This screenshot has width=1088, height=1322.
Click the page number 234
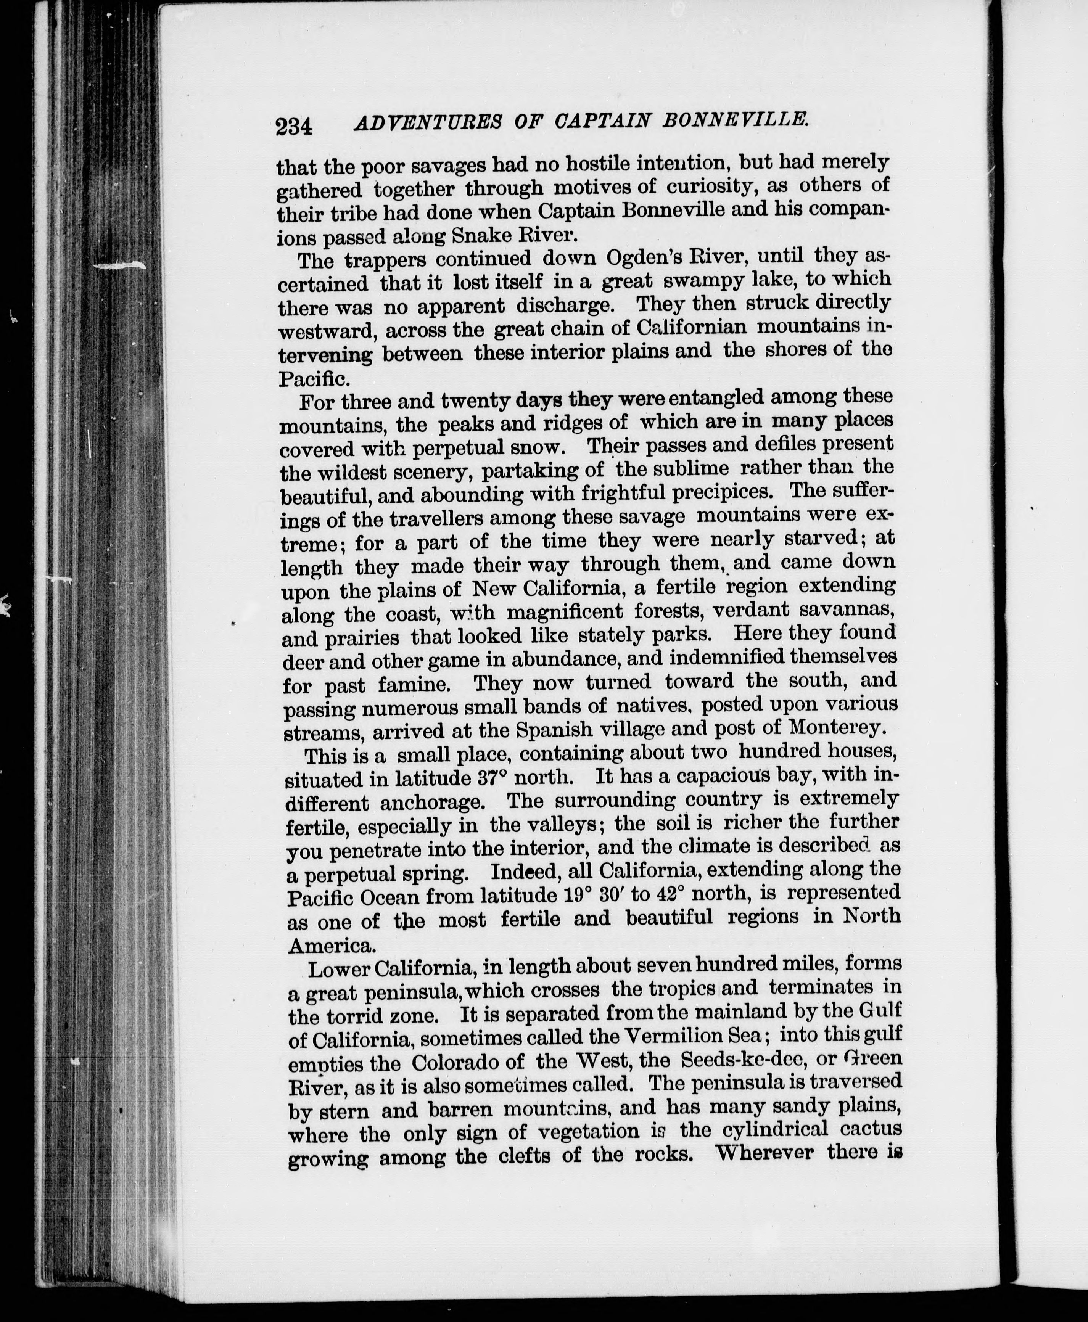pyautogui.click(x=293, y=126)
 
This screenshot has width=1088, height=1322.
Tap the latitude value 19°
pyautogui.click(x=575, y=894)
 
